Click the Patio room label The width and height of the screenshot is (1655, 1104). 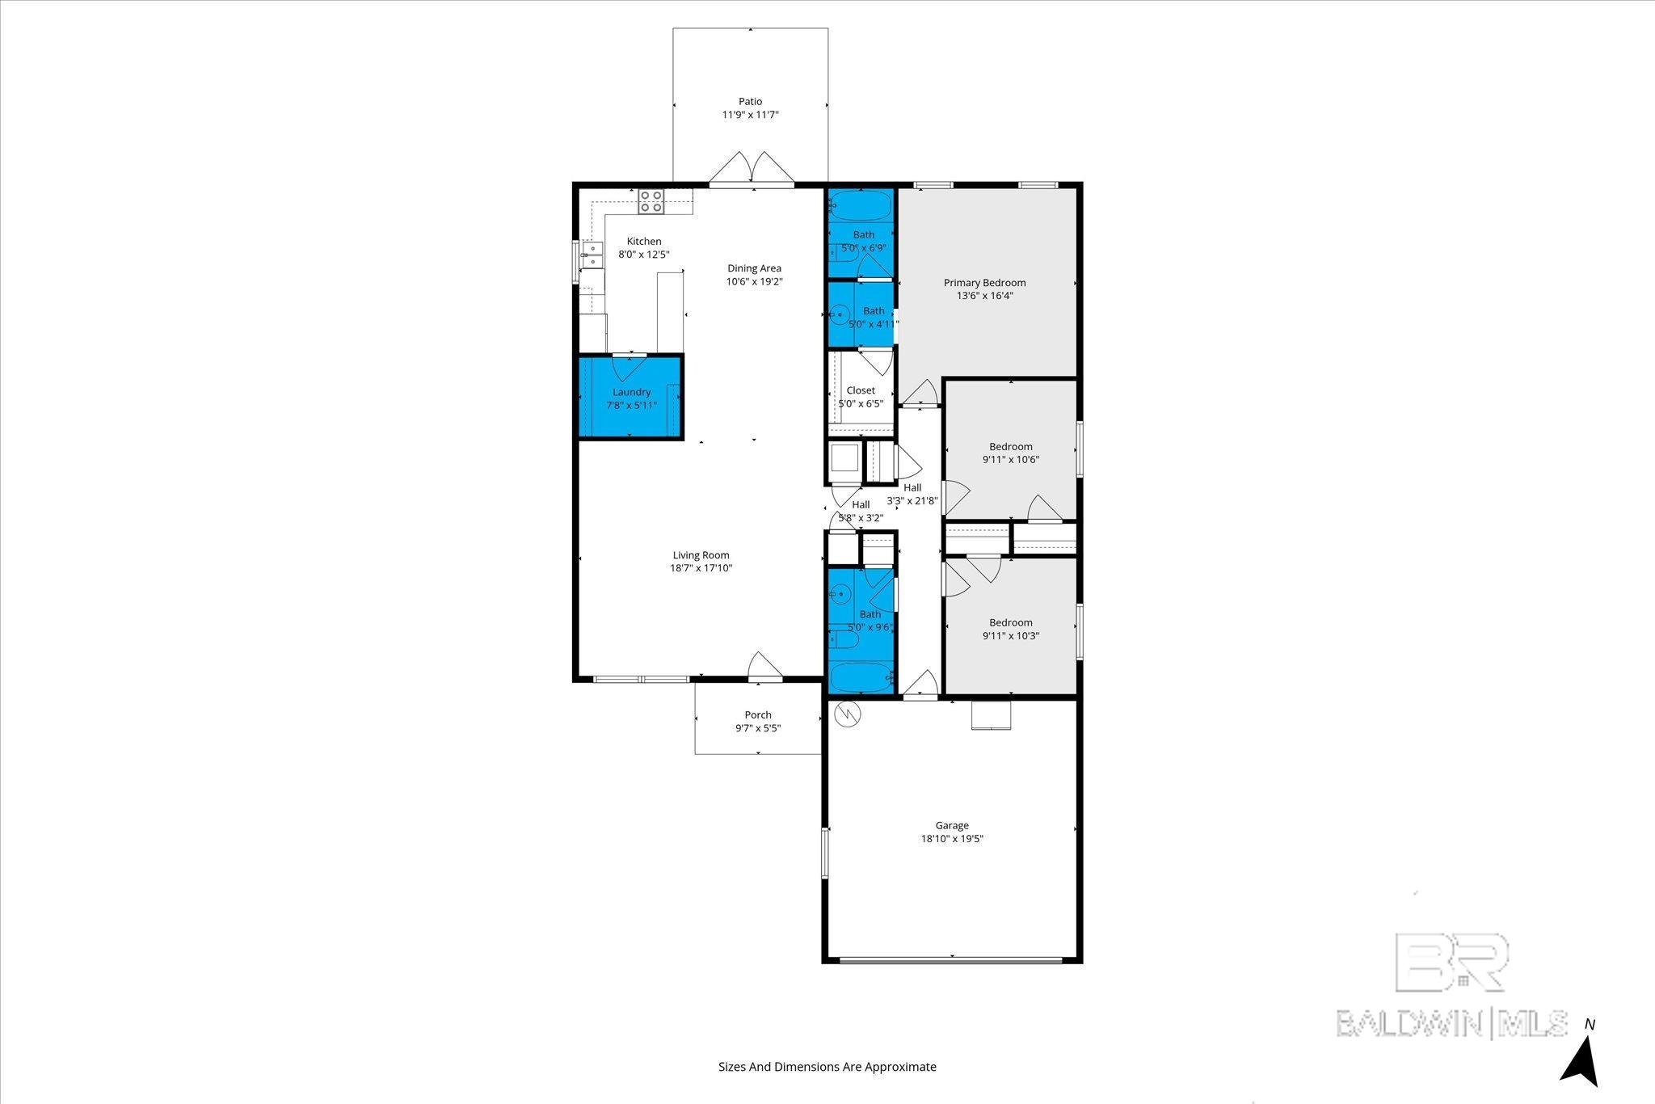point(750,102)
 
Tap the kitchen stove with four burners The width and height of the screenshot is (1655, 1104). point(651,201)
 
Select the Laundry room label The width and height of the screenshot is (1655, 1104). point(631,392)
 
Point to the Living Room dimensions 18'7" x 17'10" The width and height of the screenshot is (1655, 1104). point(701,568)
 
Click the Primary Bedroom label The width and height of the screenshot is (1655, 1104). point(985,283)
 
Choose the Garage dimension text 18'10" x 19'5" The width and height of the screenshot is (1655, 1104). point(952,838)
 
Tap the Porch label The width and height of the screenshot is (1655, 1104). point(758,714)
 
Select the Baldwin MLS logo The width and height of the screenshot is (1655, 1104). point(1452,985)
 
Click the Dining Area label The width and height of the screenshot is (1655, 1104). point(754,268)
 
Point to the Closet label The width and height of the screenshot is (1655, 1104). point(861,390)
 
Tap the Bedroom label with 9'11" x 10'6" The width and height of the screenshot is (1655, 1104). point(1011,446)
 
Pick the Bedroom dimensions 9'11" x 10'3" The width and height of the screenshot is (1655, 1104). point(1011,635)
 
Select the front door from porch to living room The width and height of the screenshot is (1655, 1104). point(764,666)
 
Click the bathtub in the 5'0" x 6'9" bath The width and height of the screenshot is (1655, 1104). point(861,205)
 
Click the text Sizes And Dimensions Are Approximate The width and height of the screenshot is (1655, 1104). point(827,1067)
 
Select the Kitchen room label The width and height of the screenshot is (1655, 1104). point(644,241)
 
